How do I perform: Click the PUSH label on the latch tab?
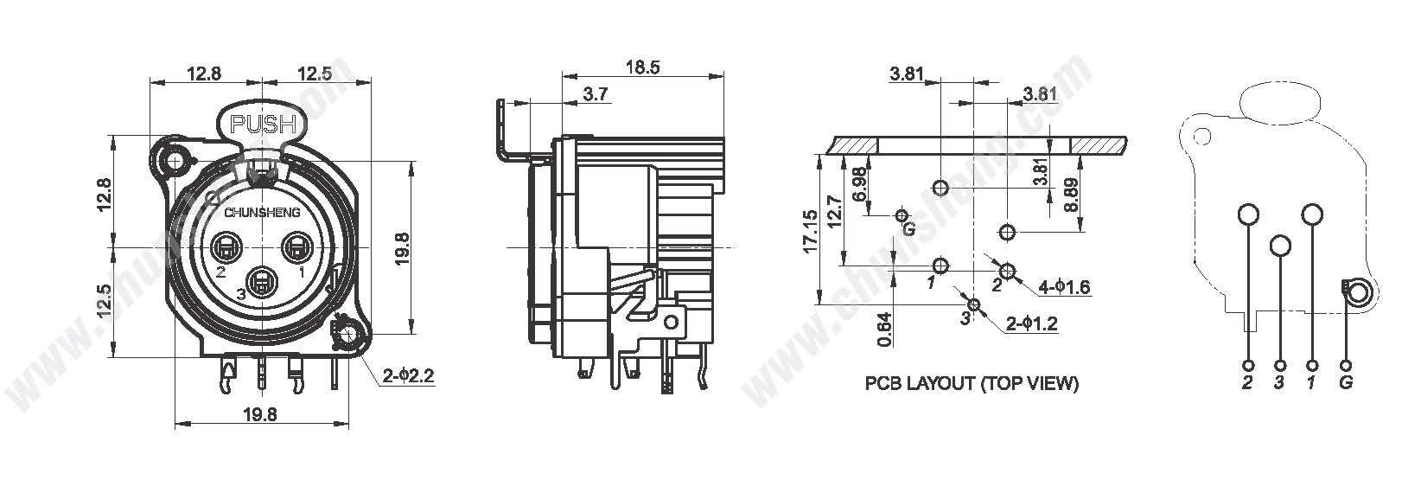(x=263, y=124)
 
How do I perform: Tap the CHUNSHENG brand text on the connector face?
(x=261, y=213)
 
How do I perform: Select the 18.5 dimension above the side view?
(x=642, y=67)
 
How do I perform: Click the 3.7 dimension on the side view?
(x=595, y=94)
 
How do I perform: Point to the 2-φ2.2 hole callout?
(x=409, y=376)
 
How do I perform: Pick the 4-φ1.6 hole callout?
(x=1064, y=287)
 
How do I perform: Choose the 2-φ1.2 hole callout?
(x=1032, y=323)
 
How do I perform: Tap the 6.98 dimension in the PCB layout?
(x=859, y=184)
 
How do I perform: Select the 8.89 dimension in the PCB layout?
(x=1070, y=195)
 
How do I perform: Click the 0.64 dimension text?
(x=885, y=330)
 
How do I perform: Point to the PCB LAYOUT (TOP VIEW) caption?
(x=972, y=383)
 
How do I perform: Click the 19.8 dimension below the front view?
(x=260, y=414)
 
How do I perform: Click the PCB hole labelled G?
(x=902, y=216)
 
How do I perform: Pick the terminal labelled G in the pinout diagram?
(x=1346, y=366)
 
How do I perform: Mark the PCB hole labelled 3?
(x=974, y=305)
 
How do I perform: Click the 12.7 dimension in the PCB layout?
(x=834, y=211)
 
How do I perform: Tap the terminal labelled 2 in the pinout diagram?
(x=1248, y=366)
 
